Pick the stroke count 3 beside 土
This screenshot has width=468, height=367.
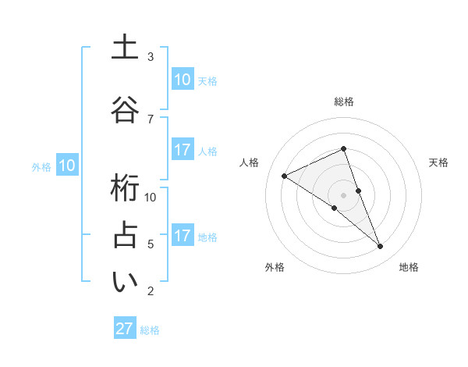pos(151,57)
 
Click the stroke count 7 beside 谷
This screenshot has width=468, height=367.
pos(151,119)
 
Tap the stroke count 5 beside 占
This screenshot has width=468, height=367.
pos(151,244)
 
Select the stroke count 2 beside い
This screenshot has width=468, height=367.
pos(151,291)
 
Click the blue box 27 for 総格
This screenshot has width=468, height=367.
pos(125,329)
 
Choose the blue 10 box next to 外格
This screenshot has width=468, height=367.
pos(67,165)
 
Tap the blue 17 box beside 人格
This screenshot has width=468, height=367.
pos(182,150)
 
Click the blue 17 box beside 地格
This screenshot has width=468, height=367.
pos(182,236)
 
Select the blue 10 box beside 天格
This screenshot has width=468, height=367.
pos(182,80)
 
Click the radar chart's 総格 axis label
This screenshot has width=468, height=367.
pos(344,102)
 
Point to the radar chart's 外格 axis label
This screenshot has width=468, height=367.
pos(275,267)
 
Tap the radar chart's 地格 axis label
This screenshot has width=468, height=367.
pos(409,267)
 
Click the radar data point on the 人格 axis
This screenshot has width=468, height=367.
pos(285,176)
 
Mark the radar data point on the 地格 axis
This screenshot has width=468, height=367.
pos(381,247)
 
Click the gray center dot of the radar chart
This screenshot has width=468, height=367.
pos(343,194)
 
